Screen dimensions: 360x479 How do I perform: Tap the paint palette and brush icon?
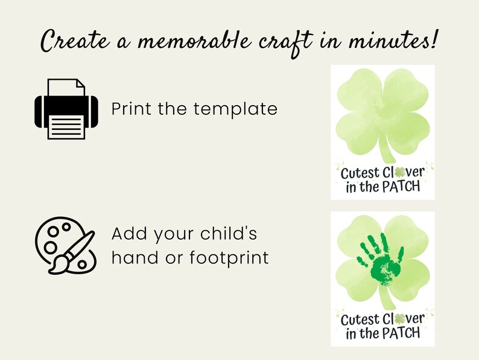point(65,247)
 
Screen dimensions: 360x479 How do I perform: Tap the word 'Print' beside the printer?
point(133,109)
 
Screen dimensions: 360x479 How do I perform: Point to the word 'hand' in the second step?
point(131,258)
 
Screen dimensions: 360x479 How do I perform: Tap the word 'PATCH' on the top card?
point(399,187)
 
